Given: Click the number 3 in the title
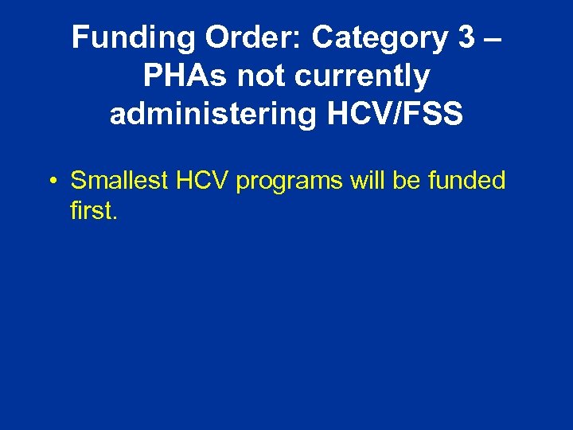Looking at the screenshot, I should tap(468, 37).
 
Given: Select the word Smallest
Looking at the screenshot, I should tap(119, 181).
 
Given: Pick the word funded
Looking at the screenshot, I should tap(467, 181).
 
